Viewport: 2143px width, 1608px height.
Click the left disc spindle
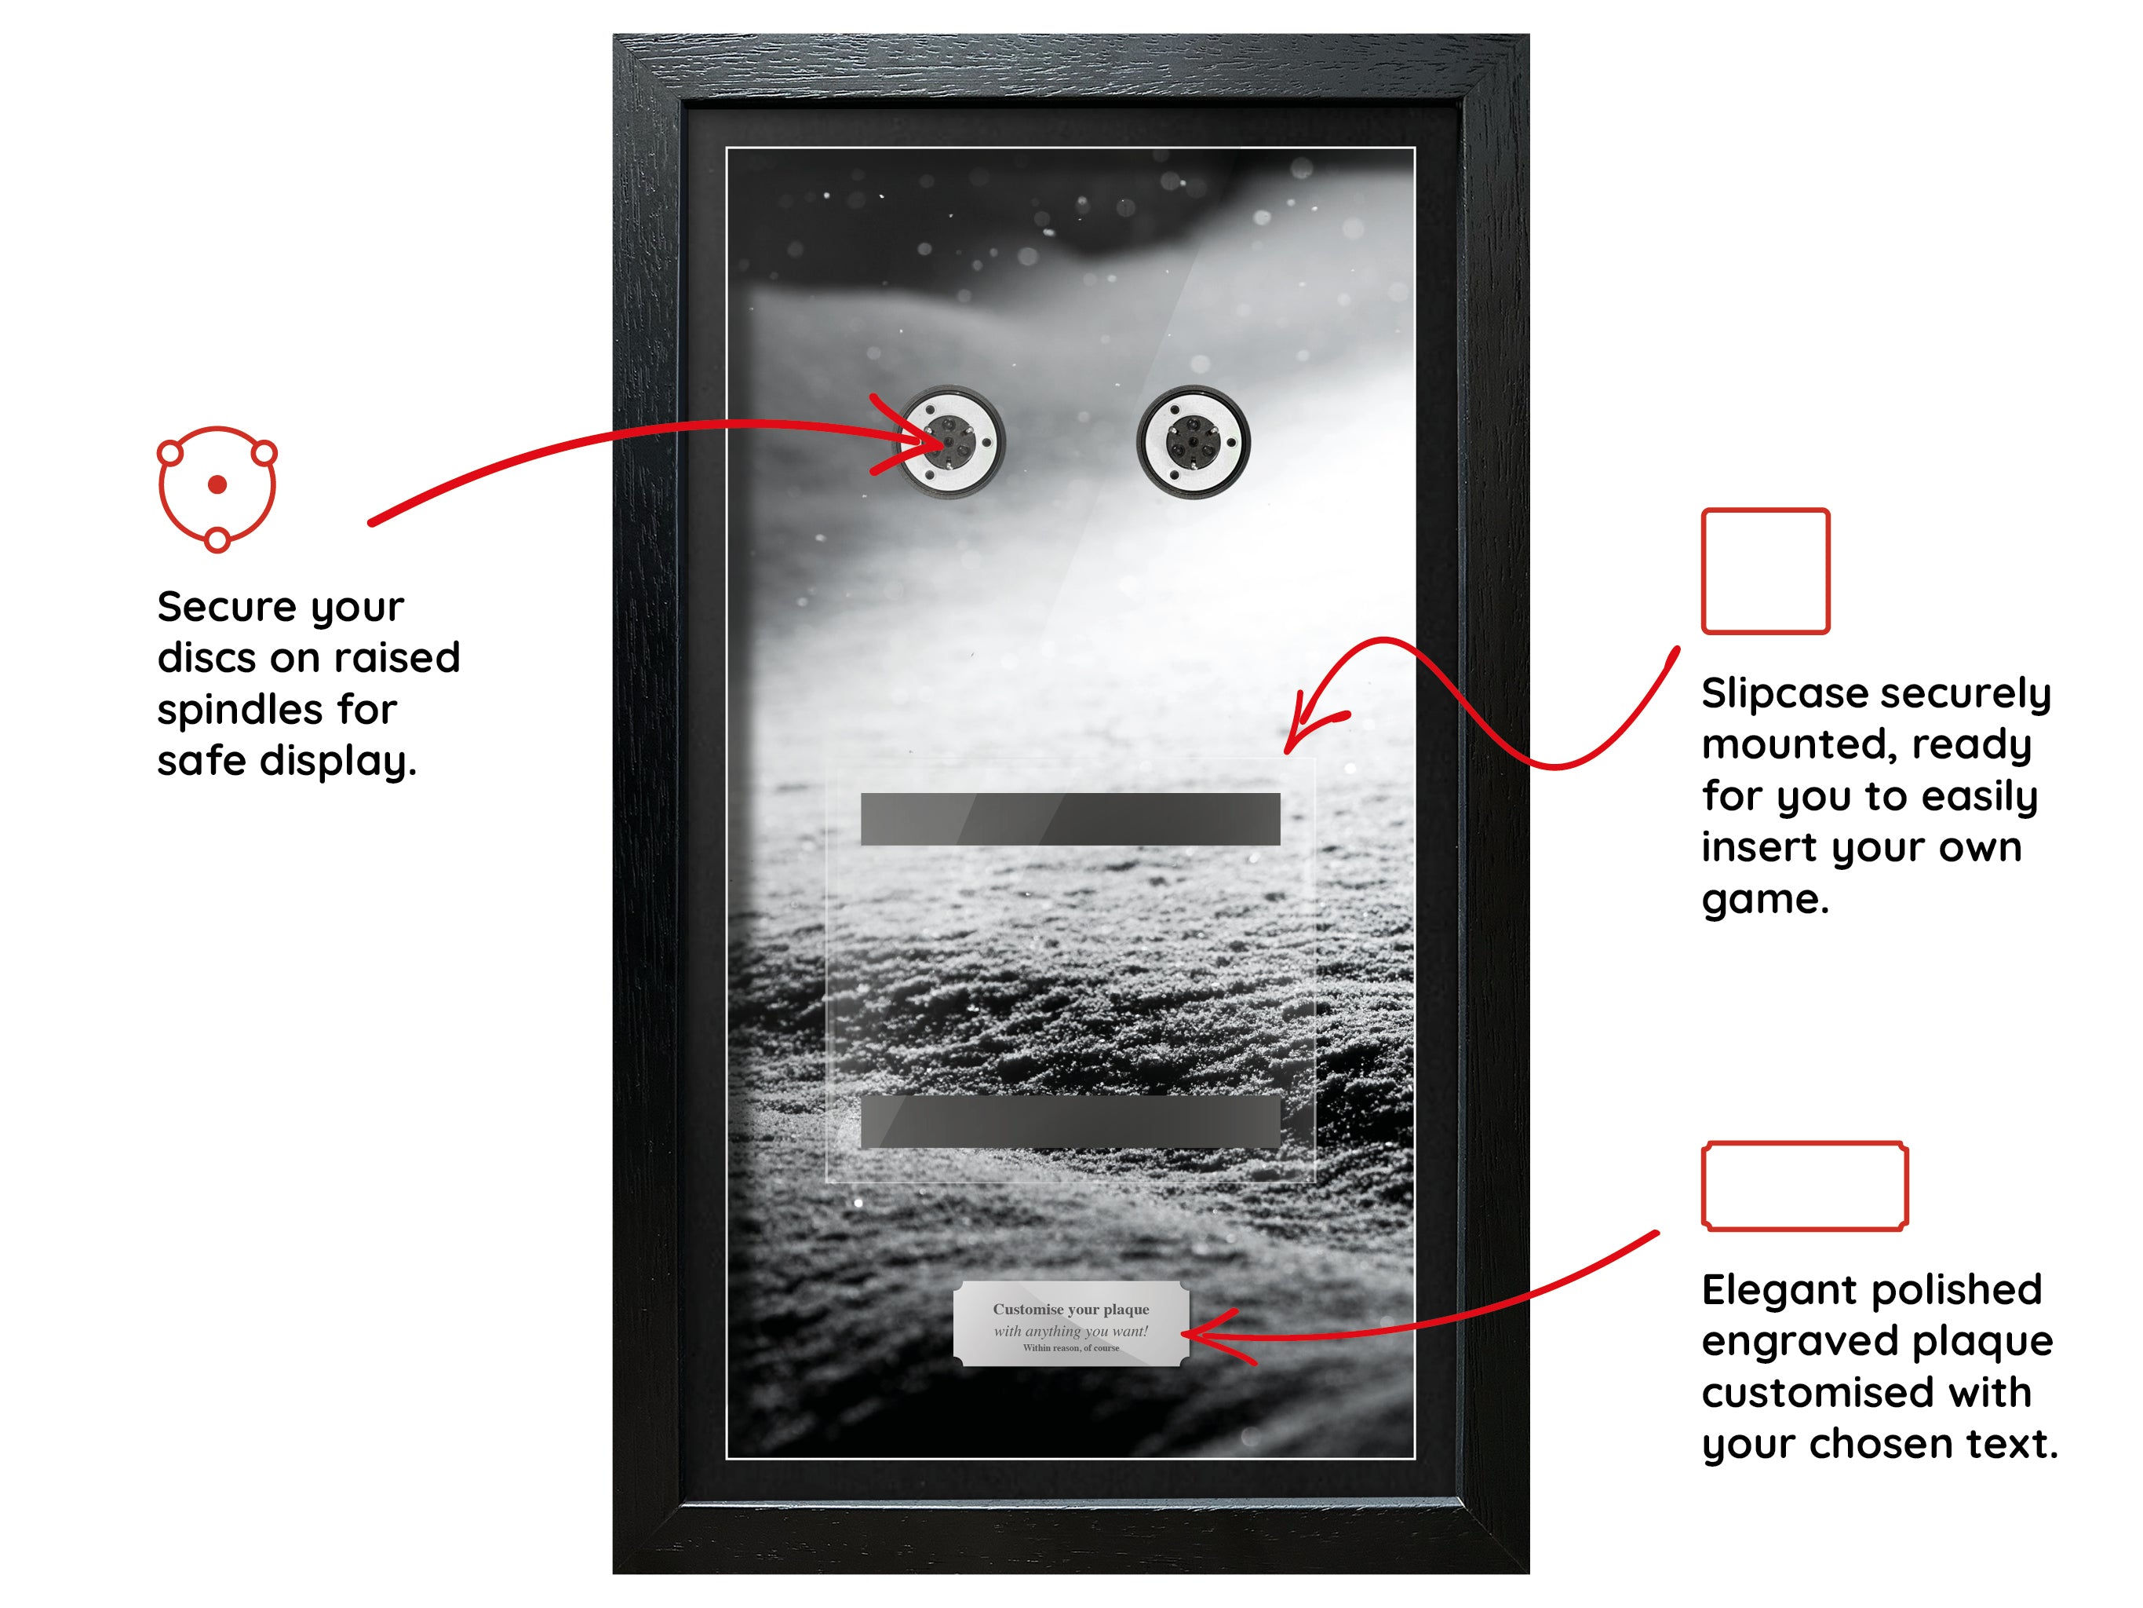tap(949, 442)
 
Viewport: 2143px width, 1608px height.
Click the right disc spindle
tap(1194, 442)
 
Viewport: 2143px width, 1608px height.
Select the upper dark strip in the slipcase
tap(1070, 819)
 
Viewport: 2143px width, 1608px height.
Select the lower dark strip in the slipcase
tap(1070, 1123)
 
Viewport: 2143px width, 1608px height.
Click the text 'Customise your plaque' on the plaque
tap(1070, 1310)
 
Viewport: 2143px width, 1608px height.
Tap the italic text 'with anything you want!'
tap(1070, 1331)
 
